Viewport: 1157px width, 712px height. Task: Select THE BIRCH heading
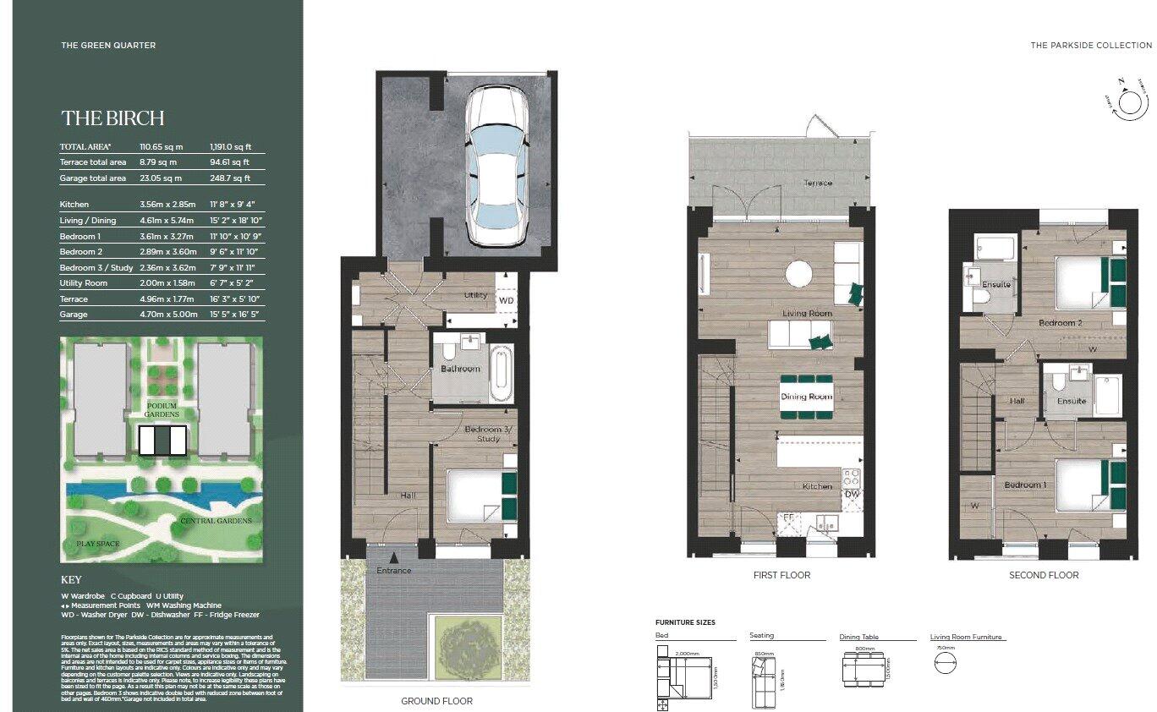pos(112,118)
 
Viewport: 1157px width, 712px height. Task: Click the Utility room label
pos(477,296)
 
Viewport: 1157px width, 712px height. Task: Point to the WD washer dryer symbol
pos(506,300)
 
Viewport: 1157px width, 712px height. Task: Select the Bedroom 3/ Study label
pos(489,434)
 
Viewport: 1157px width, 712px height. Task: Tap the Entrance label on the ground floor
pos(394,570)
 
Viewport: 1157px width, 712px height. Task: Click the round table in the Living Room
pos(798,273)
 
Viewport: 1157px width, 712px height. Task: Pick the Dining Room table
pos(806,397)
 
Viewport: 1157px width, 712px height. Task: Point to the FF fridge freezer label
pos(787,517)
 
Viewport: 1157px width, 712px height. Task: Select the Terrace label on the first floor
pos(817,183)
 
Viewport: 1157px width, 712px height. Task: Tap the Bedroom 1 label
pos(1023,485)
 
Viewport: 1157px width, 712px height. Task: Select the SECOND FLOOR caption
pos(1044,575)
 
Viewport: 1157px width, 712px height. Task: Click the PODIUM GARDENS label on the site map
pos(162,410)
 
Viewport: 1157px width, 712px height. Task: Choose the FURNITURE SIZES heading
pos(685,622)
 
